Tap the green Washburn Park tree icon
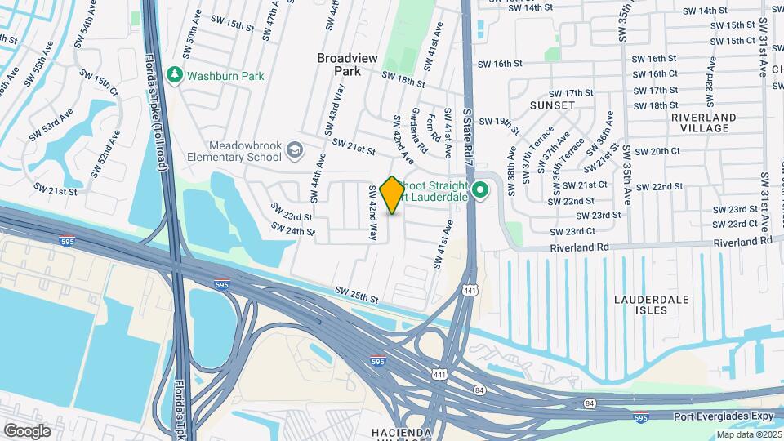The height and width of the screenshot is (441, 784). pyautogui.click(x=174, y=75)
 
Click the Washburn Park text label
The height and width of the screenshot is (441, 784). pyautogui.click(x=225, y=76)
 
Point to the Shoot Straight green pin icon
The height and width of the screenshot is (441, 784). pyautogui.click(x=481, y=191)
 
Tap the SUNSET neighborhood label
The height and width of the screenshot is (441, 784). pyautogui.click(x=546, y=106)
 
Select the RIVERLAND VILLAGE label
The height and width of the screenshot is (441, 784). pyautogui.click(x=700, y=122)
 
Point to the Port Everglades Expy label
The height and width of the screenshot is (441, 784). pyautogui.click(x=724, y=416)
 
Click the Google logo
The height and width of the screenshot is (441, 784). pyautogui.click(x=27, y=430)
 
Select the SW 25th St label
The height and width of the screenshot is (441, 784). pyautogui.click(x=357, y=295)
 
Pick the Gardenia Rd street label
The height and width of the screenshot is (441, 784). pyautogui.click(x=417, y=131)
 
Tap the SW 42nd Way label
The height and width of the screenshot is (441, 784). pyautogui.click(x=372, y=213)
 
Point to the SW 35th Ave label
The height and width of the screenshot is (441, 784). pyautogui.click(x=627, y=175)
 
